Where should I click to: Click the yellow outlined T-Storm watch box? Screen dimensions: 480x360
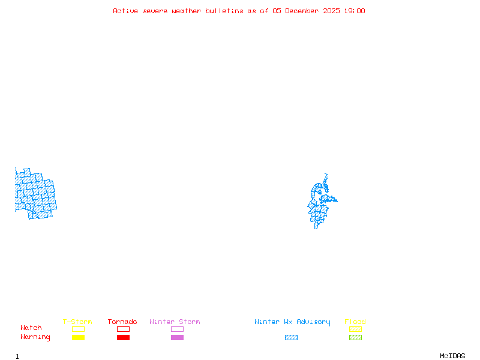(x=78, y=329)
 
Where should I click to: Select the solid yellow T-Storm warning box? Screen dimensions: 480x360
(x=78, y=338)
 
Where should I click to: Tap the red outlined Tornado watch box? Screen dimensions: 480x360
(x=123, y=329)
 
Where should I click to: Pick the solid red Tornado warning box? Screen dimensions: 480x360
(x=123, y=338)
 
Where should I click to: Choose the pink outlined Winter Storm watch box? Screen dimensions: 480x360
(x=177, y=329)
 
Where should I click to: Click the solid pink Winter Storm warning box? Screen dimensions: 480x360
(x=177, y=338)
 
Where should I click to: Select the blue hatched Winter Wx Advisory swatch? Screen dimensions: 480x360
(x=291, y=338)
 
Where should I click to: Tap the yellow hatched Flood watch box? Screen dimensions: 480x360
(x=355, y=329)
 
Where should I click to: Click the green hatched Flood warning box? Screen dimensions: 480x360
(x=355, y=338)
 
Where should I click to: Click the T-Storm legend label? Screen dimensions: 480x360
(x=77, y=322)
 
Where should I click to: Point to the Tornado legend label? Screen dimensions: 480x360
(x=122, y=322)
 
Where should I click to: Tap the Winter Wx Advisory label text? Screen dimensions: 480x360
(x=292, y=322)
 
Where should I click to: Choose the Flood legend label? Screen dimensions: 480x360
(x=355, y=322)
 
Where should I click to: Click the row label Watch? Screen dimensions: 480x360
(x=31, y=328)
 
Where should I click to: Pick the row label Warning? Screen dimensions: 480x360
(x=35, y=337)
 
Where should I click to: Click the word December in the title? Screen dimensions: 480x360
(x=304, y=11)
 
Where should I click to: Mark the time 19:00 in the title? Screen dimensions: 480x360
(x=354, y=11)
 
